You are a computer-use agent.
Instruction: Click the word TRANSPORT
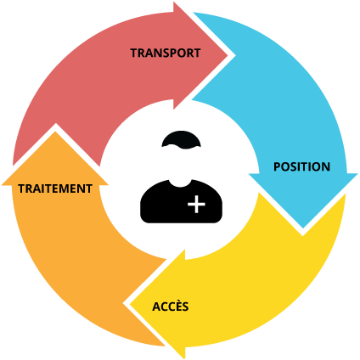(166, 53)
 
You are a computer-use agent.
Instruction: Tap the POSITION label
(301, 166)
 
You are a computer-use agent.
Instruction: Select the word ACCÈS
(170, 306)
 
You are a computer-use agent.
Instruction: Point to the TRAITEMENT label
(55, 188)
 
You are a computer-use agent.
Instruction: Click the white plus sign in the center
(196, 205)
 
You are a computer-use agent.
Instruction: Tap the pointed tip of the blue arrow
(303, 229)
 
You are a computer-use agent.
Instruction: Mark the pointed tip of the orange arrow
(55, 128)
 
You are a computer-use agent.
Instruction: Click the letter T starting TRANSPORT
(133, 53)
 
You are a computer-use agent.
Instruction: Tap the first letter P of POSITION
(277, 166)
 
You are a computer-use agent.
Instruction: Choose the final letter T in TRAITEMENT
(88, 188)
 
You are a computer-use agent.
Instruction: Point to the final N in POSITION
(326, 166)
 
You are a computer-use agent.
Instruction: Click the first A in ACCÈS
(155, 306)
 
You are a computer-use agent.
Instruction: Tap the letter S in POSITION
(294, 166)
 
